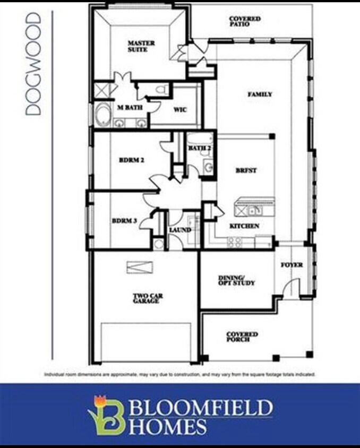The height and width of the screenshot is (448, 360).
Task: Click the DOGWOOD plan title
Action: pos(33,64)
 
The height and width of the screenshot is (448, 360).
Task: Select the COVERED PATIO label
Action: pos(245,21)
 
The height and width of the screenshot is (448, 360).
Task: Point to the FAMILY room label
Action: pos(260,94)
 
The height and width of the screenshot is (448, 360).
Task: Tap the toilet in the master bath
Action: pos(162,90)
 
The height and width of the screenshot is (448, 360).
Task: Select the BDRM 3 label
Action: pos(124,221)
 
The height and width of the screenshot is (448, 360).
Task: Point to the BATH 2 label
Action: pos(200,148)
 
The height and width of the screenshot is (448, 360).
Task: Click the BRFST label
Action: pos(246,170)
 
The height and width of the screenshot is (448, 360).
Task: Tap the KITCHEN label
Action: pos(244,226)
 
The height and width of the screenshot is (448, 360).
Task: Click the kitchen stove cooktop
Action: pos(235,242)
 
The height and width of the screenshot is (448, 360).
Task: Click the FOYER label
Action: pos(292,264)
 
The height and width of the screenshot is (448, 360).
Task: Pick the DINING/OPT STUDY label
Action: pos(237,280)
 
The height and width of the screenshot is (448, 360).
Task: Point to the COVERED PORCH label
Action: pos(242,337)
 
